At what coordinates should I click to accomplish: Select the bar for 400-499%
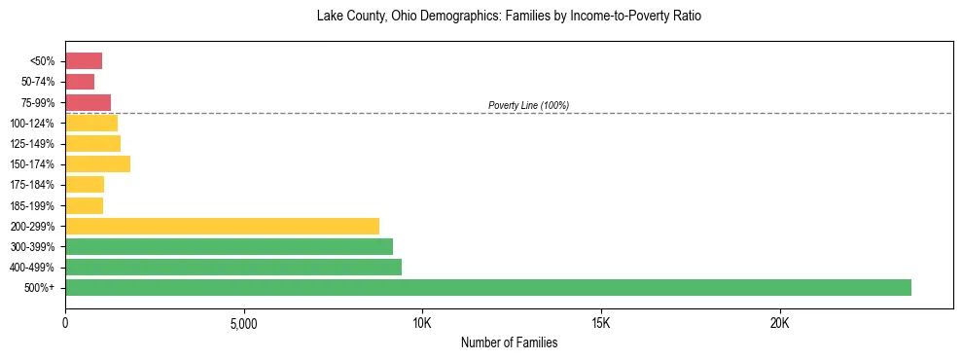click(x=233, y=267)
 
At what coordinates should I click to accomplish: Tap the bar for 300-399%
click(x=229, y=246)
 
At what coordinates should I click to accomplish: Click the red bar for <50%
click(x=84, y=61)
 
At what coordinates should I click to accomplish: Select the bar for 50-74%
click(x=80, y=82)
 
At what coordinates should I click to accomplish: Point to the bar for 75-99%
click(x=88, y=102)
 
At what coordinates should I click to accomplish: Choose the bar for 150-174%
click(x=97, y=163)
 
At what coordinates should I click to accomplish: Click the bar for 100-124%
click(x=91, y=123)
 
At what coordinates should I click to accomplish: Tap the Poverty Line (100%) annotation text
click(x=528, y=105)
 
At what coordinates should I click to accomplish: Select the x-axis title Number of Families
click(x=509, y=342)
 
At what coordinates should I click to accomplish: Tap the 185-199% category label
click(x=33, y=205)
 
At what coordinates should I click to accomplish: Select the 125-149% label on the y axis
click(x=33, y=144)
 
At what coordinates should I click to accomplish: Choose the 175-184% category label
click(x=33, y=185)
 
